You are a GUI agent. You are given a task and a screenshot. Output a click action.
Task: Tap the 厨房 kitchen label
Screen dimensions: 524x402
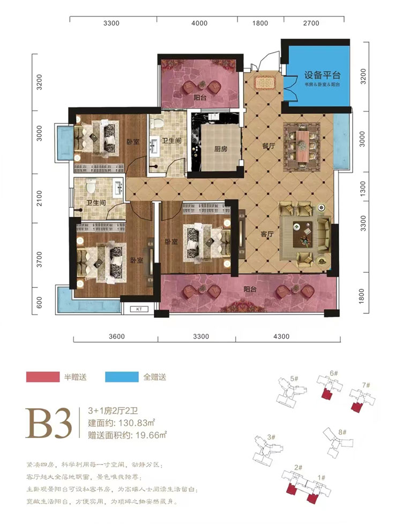coord(220,150)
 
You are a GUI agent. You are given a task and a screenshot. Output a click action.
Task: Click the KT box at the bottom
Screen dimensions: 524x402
coord(138,309)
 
